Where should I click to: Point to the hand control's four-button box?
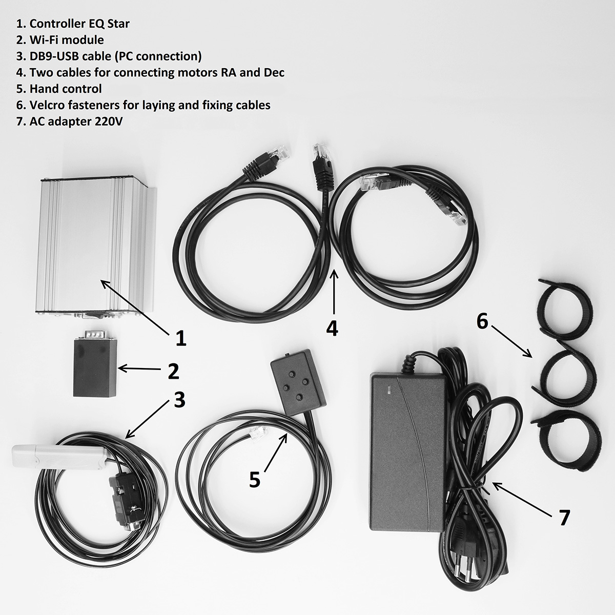pos(298,381)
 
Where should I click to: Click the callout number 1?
pos(180,338)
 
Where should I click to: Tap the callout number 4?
pos(332,328)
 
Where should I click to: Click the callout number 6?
pos(482,321)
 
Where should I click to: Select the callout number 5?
pos(254,488)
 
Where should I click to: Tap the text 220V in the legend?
pos(109,121)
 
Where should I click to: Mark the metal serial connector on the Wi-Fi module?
pos(95,335)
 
